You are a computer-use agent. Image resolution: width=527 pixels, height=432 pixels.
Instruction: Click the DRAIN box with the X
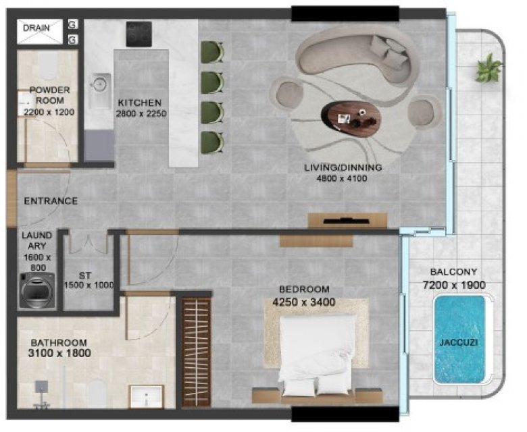(40, 31)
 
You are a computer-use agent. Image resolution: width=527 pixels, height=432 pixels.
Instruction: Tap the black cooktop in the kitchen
(139, 34)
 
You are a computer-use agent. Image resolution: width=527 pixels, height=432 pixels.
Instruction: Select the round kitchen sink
(99, 84)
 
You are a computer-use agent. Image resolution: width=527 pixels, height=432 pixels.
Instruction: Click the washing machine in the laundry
(36, 290)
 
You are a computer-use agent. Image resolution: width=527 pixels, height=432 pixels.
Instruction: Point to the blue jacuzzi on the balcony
(459, 340)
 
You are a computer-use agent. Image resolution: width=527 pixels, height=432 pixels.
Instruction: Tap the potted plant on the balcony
(488, 67)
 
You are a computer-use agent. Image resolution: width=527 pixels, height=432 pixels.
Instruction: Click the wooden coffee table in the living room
(351, 119)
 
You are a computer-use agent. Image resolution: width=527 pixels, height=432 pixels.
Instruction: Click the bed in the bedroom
(317, 358)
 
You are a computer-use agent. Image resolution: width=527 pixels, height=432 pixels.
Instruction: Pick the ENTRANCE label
(51, 200)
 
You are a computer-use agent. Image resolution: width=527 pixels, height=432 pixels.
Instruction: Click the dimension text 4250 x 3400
(303, 302)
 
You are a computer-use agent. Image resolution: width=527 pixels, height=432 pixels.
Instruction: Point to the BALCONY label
(453, 271)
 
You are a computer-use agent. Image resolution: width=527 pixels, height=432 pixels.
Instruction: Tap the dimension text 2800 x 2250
(141, 114)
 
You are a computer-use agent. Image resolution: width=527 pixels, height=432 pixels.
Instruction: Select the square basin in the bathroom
(147, 396)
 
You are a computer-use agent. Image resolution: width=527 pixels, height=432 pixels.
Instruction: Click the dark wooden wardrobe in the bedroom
(197, 352)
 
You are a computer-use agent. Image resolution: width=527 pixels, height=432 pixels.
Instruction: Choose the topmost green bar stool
(212, 52)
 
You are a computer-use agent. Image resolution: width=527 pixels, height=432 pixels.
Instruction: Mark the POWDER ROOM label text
(50, 95)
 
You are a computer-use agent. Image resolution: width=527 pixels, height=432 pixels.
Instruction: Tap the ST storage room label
(85, 275)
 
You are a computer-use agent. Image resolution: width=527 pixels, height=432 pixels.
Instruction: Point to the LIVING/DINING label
(343, 167)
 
